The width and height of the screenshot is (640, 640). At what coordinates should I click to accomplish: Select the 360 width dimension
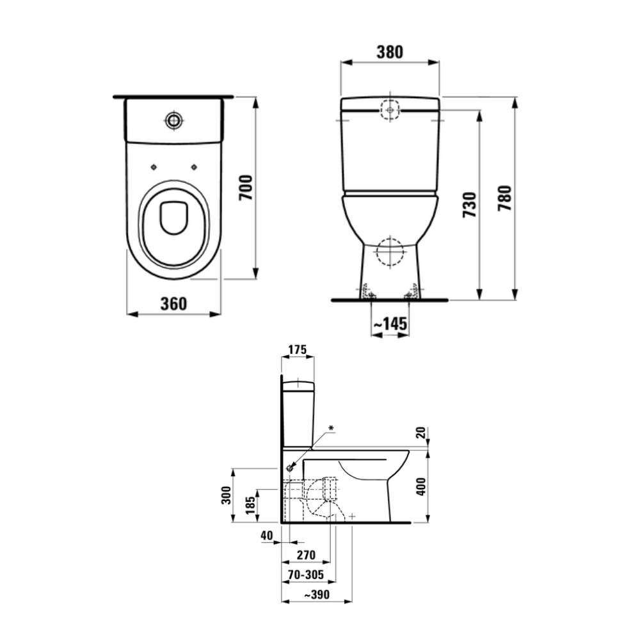pos(173,303)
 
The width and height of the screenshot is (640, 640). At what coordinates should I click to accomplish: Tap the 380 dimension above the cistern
pos(389,52)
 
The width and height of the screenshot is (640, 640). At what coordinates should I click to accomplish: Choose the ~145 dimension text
pos(390,325)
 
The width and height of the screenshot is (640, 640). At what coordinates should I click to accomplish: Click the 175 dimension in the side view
pos(298,350)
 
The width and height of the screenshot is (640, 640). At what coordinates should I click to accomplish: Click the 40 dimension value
pos(268,535)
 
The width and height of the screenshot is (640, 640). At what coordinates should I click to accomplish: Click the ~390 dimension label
pos(316,595)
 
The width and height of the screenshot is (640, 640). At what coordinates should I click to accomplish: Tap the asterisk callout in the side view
pos(331,427)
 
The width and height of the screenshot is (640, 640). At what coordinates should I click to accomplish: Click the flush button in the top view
pos(173,119)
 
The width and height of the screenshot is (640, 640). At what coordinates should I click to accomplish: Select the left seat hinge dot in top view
pos(153,167)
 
